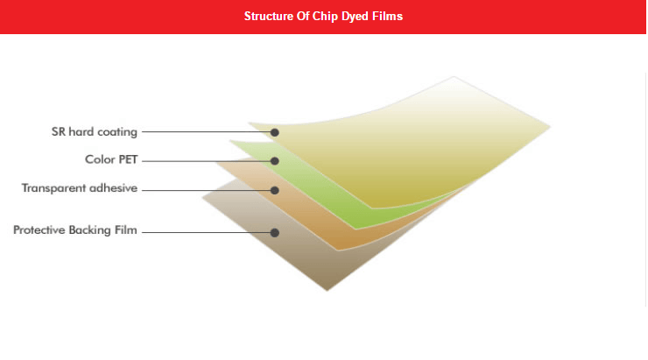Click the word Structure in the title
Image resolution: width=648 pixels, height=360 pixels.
pos(269,16)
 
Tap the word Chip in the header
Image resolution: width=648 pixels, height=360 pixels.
pos(325,17)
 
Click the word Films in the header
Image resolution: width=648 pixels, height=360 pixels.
pos(388,16)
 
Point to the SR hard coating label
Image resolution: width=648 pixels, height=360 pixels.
pos(95,132)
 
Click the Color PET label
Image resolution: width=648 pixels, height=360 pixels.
pos(111,159)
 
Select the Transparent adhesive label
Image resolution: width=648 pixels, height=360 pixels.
pos(80,188)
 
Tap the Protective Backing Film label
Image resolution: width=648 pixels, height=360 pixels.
pos(74,229)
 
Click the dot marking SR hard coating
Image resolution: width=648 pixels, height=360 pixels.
pos(275,132)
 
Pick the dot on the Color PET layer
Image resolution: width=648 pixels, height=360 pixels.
pos(275,161)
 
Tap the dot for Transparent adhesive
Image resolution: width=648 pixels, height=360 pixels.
pos(275,190)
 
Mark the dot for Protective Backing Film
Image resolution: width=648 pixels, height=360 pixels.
pos(275,233)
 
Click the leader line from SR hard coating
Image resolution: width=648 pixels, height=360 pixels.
pos(206,132)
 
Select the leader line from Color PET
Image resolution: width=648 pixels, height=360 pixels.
pos(206,161)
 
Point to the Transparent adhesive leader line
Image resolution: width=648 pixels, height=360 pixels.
pos(206,190)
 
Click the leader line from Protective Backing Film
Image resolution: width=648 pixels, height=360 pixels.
pos(206,232)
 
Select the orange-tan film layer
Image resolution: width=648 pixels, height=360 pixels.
pos(314,219)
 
